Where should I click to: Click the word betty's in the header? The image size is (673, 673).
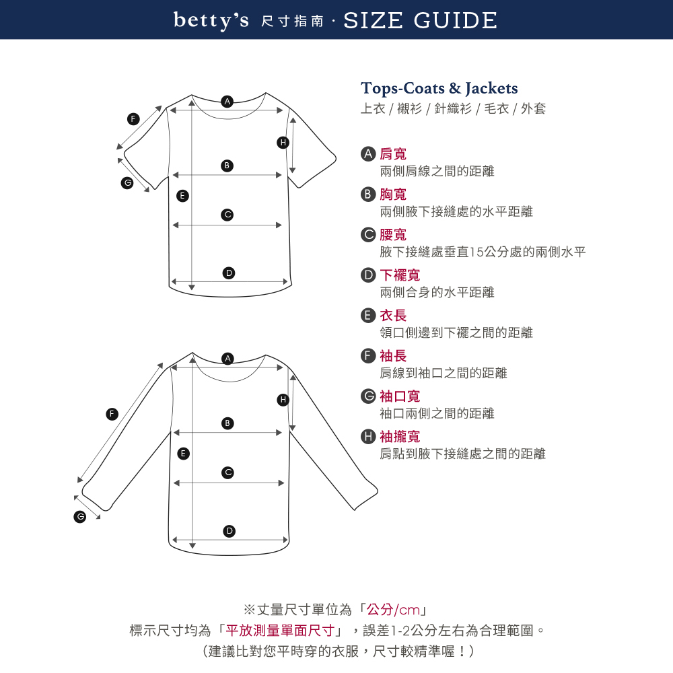pyautogui.click(x=211, y=21)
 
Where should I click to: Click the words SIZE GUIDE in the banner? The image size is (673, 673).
pyautogui.click(x=420, y=21)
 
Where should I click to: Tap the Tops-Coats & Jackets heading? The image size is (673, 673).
pyautogui.click(x=439, y=88)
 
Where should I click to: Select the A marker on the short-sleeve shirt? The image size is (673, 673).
pyautogui.click(x=227, y=102)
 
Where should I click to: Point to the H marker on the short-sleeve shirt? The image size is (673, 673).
pyautogui.click(x=283, y=143)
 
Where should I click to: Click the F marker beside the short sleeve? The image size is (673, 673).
pyautogui.click(x=133, y=119)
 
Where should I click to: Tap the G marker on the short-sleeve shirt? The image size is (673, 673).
pyautogui.click(x=127, y=183)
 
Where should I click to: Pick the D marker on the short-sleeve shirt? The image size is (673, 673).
pyautogui.click(x=229, y=273)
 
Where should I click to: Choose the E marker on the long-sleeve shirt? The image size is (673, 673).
pyautogui.click(x=183, y=453)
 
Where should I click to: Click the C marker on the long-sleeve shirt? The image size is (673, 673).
pyautogui.click(x=228, y=472)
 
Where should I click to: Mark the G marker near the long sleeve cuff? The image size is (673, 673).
pyautogui.click(x=80, y=516)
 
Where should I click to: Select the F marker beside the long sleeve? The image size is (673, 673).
pyautogui.click(x=112, y=414)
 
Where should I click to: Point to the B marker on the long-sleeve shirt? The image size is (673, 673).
pyautogui.click(x=227, y=423)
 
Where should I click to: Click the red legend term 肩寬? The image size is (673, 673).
pyautogui.click(x=393, y=153)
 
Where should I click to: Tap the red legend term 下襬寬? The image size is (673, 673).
pyautogui.click(x=400, y=275)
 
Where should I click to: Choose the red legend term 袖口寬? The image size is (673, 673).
pyautogui.click(x=400, y=396)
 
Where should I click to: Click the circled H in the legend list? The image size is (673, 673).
pyautogui.click(x=368, y=437)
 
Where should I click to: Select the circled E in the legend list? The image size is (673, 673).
pyautogui.click(x=368, y=316)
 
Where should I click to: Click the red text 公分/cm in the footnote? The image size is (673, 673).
pyautogui.click(x=393, y=610)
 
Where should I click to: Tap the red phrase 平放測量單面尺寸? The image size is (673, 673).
pyautogui.click(x=280, y=630)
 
